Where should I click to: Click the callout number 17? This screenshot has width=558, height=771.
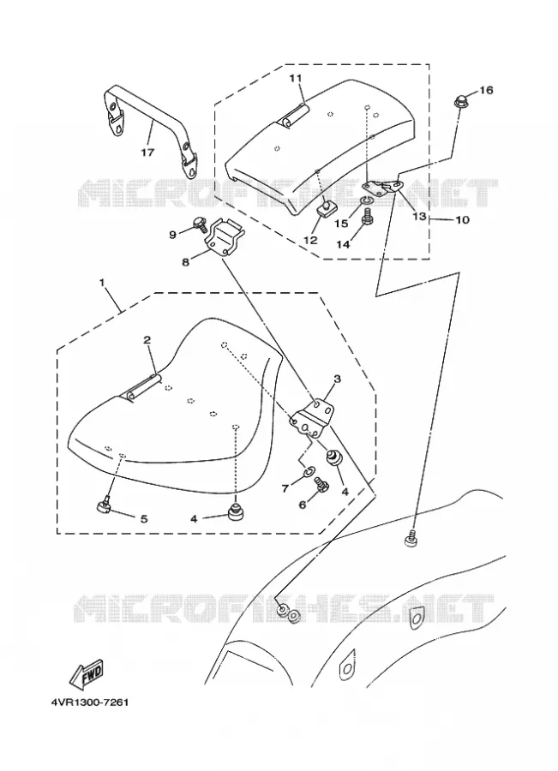coord(147,152)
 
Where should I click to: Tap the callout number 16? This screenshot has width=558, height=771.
coord(486,91)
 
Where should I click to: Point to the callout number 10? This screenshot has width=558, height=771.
coord(462,220)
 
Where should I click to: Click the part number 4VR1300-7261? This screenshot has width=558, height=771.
coord(89,702)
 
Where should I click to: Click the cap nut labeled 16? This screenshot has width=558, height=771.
coord(459,105)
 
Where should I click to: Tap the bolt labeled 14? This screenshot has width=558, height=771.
coord(366,215)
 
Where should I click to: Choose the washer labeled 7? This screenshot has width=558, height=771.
coord(308,471)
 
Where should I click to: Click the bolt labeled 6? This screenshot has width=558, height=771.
coord(321,485)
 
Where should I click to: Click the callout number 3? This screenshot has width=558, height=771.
coord(337,379)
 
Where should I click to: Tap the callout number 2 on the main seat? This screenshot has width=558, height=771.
coord(147,340)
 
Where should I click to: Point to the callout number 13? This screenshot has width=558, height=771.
coord(419,217)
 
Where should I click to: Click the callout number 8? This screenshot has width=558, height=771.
coord(185,262)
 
